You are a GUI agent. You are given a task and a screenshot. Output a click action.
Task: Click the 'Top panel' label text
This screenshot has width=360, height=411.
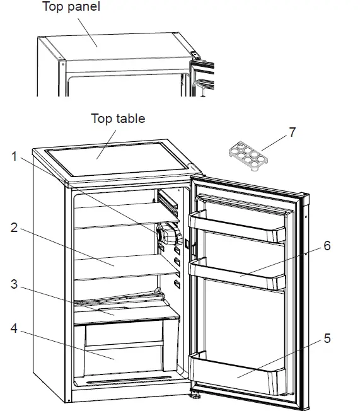tap(71, 8)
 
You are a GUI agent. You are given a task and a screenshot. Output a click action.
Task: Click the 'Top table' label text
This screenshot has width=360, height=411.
tap(118, 119)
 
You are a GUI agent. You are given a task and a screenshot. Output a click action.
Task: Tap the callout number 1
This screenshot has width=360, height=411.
tap(15, 157)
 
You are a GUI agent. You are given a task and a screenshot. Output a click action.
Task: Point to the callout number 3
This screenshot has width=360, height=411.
tap(15, 284)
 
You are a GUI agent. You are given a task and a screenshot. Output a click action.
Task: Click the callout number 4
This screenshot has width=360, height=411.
tap(15, 328)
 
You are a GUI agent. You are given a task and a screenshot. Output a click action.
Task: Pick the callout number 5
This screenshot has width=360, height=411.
tap(327, 339)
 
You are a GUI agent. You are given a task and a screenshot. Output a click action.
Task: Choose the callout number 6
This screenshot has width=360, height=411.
tap(327, 246)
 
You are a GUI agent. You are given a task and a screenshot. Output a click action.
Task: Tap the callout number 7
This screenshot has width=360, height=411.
tap(291, 133)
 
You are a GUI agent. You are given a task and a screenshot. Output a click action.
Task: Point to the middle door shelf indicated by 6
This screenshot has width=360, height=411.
tap(240, 275)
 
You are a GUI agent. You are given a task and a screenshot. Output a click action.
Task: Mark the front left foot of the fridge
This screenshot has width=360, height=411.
tap(67, 400)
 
